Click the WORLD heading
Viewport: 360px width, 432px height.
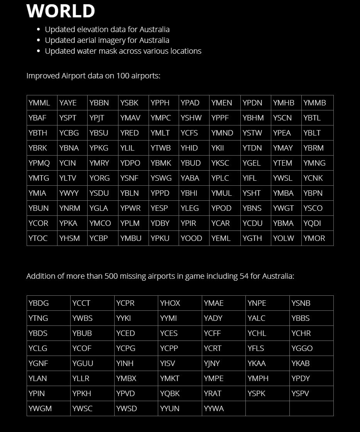[61, 11]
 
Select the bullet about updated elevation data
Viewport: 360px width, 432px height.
[107, 29]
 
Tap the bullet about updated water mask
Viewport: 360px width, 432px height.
[123, 51]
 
